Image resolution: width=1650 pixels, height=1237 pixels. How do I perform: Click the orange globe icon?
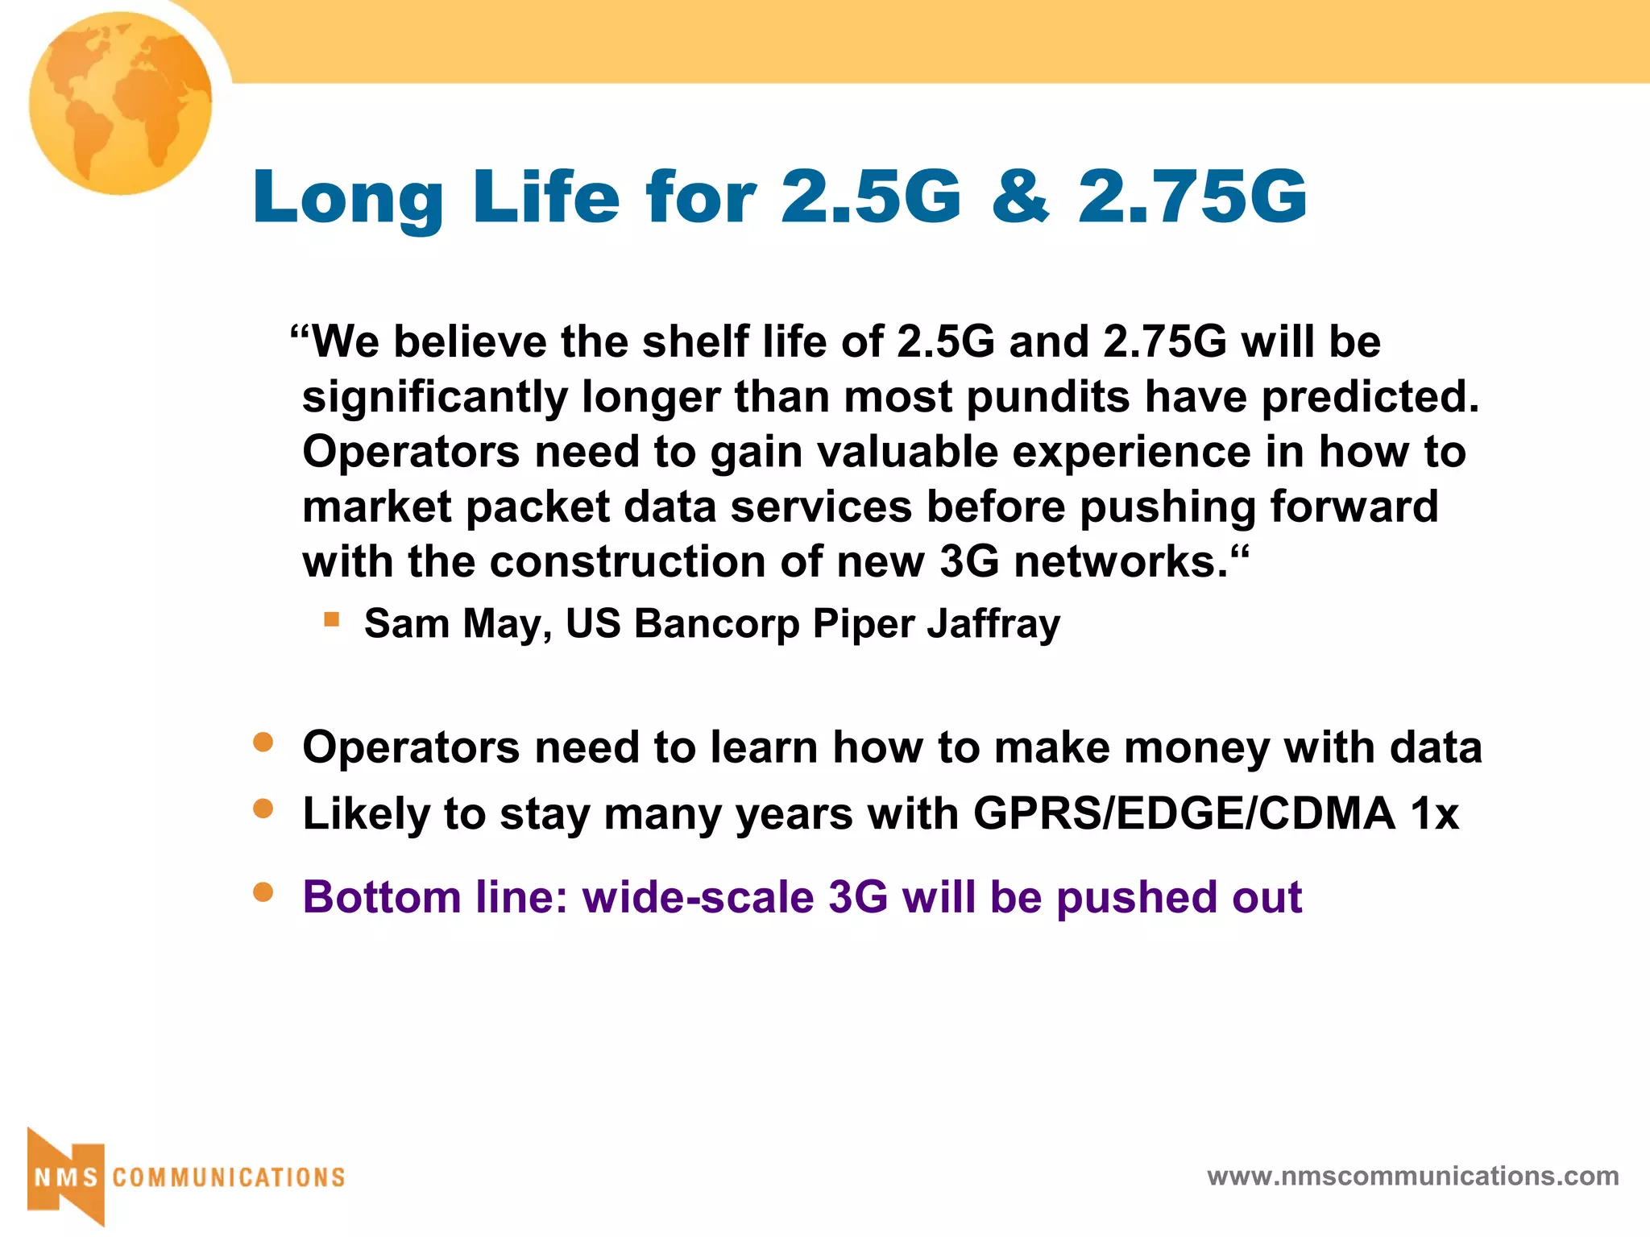tap(121, 103)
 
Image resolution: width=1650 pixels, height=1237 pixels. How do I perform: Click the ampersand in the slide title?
tap(1021, 197)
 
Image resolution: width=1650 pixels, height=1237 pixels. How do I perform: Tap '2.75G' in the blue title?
tap(1192, 197)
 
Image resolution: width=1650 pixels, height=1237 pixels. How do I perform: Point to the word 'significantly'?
tap(435, 398)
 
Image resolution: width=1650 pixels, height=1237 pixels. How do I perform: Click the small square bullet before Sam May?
tap(331, 619)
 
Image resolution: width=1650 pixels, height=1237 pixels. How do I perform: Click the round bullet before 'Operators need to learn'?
tap(263, 742)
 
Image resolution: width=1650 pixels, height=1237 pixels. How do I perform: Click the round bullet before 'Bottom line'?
tap(263, 892)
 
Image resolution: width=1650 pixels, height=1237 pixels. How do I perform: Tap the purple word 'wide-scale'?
tap(699, 897)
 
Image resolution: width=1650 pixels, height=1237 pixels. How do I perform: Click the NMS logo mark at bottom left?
tap(66, 1177)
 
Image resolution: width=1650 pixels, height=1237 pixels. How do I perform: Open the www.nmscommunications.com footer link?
tap(1412, 1177)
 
